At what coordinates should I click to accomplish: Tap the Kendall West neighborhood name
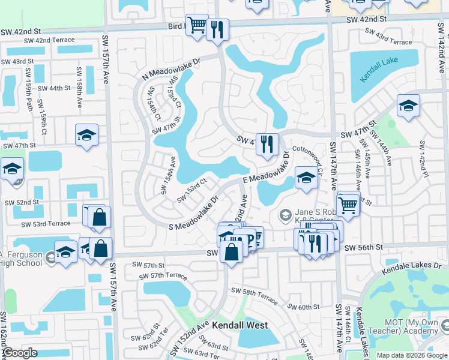pyautogui.click(x=240, y=325)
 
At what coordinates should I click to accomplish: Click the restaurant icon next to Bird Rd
pyautogui.click(x=217, y=30)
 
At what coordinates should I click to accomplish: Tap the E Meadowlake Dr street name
pyautogui.click(x=266, y=171)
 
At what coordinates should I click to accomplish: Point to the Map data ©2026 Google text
pyautogui.click(x=412, y=355)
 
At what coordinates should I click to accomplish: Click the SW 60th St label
pyautogui.click(x=303, y=307)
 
